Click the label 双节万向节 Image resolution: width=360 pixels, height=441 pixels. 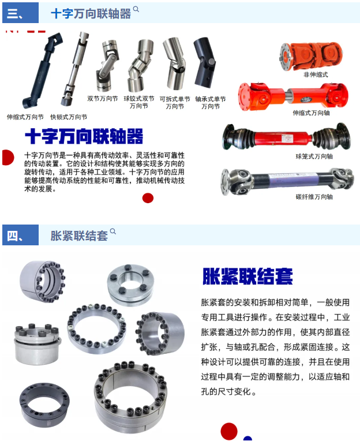coord(103,99)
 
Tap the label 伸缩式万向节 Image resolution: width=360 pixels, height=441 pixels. coord(25,117)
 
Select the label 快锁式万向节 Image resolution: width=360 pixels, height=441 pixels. coord(69,117)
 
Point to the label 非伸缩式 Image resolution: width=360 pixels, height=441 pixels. coord(316,74)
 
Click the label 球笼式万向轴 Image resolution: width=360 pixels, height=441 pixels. coord(314,156)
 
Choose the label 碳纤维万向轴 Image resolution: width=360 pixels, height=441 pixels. coord(314,197)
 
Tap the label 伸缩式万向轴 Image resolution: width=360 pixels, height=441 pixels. coord(311,113)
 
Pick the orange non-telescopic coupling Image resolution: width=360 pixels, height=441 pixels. coord(311,56)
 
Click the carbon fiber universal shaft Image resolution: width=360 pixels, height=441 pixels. coord(287,181)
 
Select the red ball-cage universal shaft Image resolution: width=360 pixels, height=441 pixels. coord(287,137)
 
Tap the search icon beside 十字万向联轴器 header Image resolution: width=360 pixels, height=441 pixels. coord(136,9)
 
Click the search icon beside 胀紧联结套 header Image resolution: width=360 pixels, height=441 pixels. coord(113,231)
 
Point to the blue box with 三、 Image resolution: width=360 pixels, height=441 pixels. coord(21,13)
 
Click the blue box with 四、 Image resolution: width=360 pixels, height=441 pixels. coord(21,235)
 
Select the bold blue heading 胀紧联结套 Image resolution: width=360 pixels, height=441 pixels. coord(247,276)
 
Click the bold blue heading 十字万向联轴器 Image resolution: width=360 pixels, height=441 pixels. coord(84,136)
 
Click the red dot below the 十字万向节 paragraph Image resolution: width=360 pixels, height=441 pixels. coord(148,198)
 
